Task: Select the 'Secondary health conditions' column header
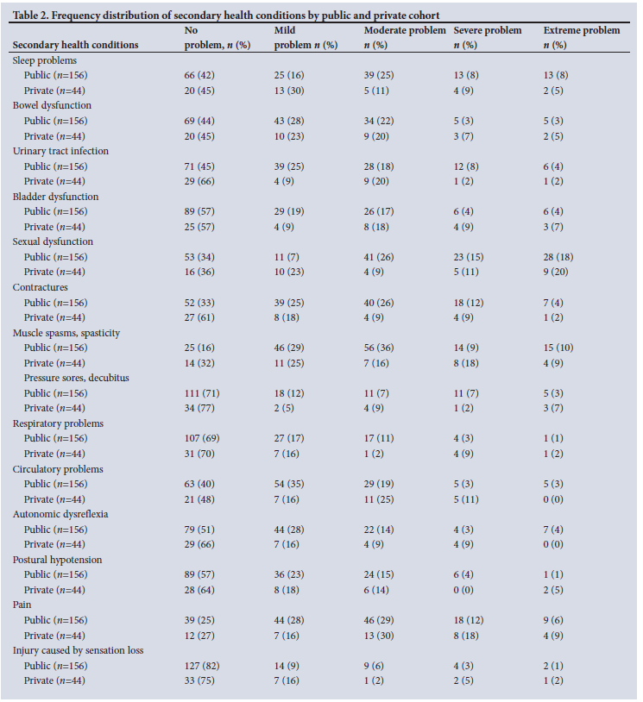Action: (x=75, y=45)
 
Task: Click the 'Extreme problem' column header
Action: (x=581, y=31)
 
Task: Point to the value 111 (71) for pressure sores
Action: (x=202, y=393)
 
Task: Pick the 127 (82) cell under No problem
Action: (x=202, y=666)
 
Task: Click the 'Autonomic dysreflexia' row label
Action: (x=60, y=514)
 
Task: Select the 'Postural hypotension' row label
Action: (x=57, y=560)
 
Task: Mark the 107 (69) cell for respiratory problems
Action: (x=202, y=438)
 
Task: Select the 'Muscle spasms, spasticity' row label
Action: (x=66, y=332)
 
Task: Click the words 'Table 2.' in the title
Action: (x=34, y=14)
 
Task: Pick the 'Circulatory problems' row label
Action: (x=58, y=469)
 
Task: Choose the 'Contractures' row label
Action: (x=41, y=287)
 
